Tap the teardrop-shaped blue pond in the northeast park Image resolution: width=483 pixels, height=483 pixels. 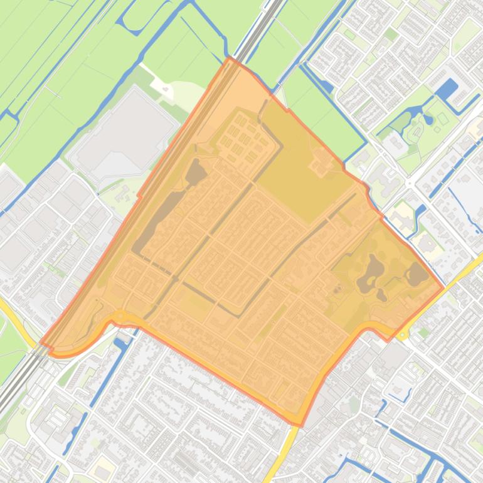coord(428,118)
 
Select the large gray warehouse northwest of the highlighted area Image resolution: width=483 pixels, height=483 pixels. coord(123,125)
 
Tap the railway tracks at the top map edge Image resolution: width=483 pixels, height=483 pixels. coord(277,5)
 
